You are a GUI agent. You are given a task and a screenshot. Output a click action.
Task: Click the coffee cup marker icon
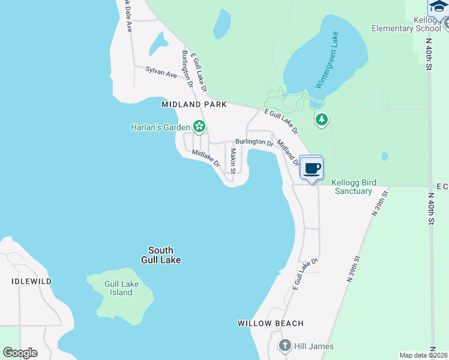tap(311, 168)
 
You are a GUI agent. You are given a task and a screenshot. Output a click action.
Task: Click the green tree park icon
tap(322, 120)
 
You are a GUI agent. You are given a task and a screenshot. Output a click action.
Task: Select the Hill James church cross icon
tap(285, 346)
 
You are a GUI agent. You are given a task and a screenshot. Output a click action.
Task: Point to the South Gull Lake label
tap(161, 255)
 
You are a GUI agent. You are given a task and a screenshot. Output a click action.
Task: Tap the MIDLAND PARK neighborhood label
tap(194, 104)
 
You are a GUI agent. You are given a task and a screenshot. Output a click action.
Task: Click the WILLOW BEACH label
tap(270, 323)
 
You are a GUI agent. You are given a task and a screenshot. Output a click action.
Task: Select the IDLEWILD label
tap(32, 281)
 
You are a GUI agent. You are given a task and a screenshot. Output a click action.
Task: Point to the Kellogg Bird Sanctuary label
tap(352, 186)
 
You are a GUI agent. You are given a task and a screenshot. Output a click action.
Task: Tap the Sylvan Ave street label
tap(161, 72)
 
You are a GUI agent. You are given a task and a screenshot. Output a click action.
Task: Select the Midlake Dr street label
tap(206, 158)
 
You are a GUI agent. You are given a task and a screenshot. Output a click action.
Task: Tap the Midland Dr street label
tap(288, 152)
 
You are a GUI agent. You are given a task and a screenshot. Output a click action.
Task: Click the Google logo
tap(20, 352)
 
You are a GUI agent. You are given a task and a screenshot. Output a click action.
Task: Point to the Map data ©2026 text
tap(422, 355)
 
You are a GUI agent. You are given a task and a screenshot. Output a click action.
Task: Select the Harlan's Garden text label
tap(161, 127)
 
